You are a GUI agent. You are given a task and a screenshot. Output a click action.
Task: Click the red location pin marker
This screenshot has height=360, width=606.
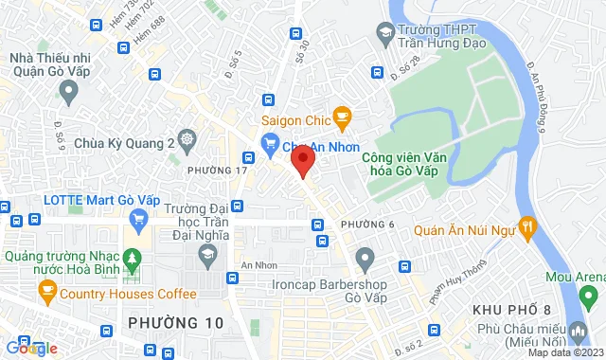point(301,160)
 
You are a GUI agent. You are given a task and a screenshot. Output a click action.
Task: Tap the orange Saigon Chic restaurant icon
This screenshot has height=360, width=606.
point(343,118)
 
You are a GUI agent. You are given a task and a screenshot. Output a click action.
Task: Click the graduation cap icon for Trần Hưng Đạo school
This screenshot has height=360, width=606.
point(385,36)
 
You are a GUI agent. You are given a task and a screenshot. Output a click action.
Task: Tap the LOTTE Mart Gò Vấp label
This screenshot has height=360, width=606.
point(91,200)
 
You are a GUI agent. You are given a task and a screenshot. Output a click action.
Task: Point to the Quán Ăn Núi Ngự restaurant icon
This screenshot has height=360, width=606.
point(528,226)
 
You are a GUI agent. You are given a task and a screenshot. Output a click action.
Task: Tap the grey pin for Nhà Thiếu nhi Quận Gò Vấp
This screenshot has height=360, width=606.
point(67,91)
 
